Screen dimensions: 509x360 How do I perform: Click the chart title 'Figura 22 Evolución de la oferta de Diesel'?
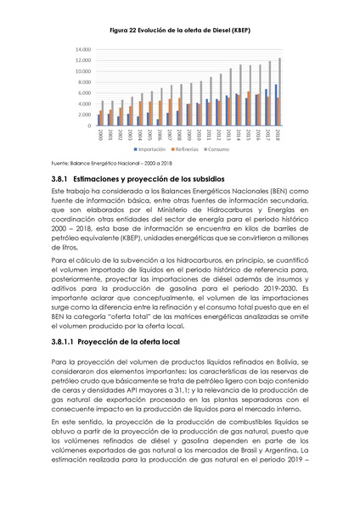coord(179,31)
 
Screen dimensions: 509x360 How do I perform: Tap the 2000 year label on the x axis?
coord(101,135)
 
